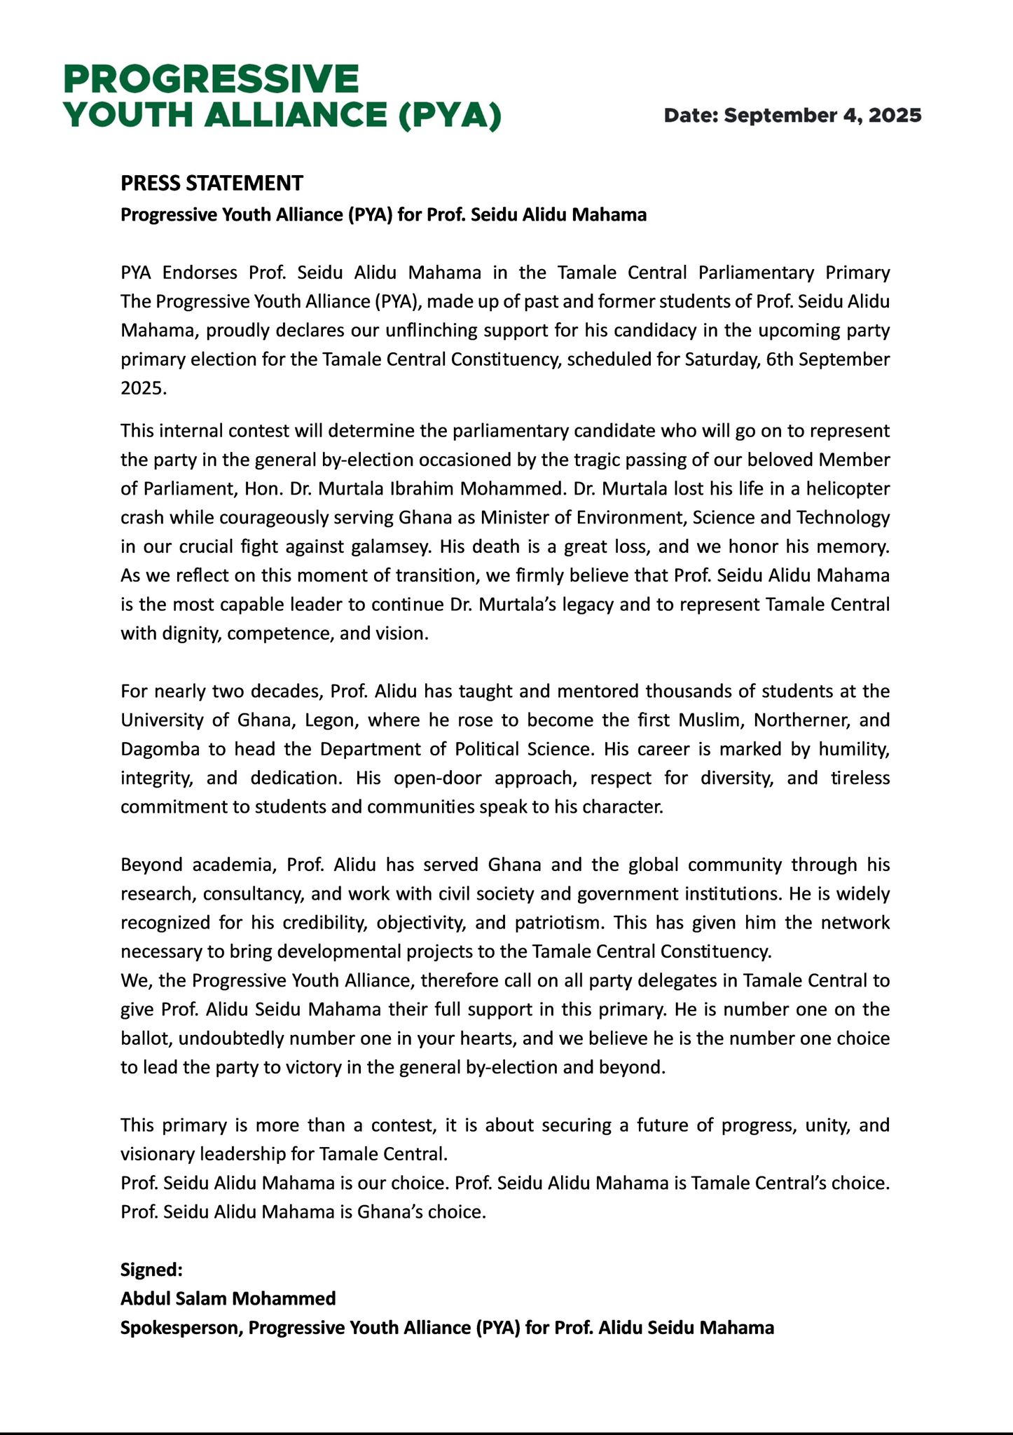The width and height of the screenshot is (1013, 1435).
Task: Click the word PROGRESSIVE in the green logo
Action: [211, 79]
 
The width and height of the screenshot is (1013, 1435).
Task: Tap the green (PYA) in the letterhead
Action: [449, 116]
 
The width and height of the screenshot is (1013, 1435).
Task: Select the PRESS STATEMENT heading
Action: [212, 184]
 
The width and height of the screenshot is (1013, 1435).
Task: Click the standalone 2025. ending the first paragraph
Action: [144, 388]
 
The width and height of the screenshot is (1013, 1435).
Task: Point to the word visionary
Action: [158, 1153]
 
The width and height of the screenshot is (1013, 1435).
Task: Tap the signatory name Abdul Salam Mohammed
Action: [228, 1298]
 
